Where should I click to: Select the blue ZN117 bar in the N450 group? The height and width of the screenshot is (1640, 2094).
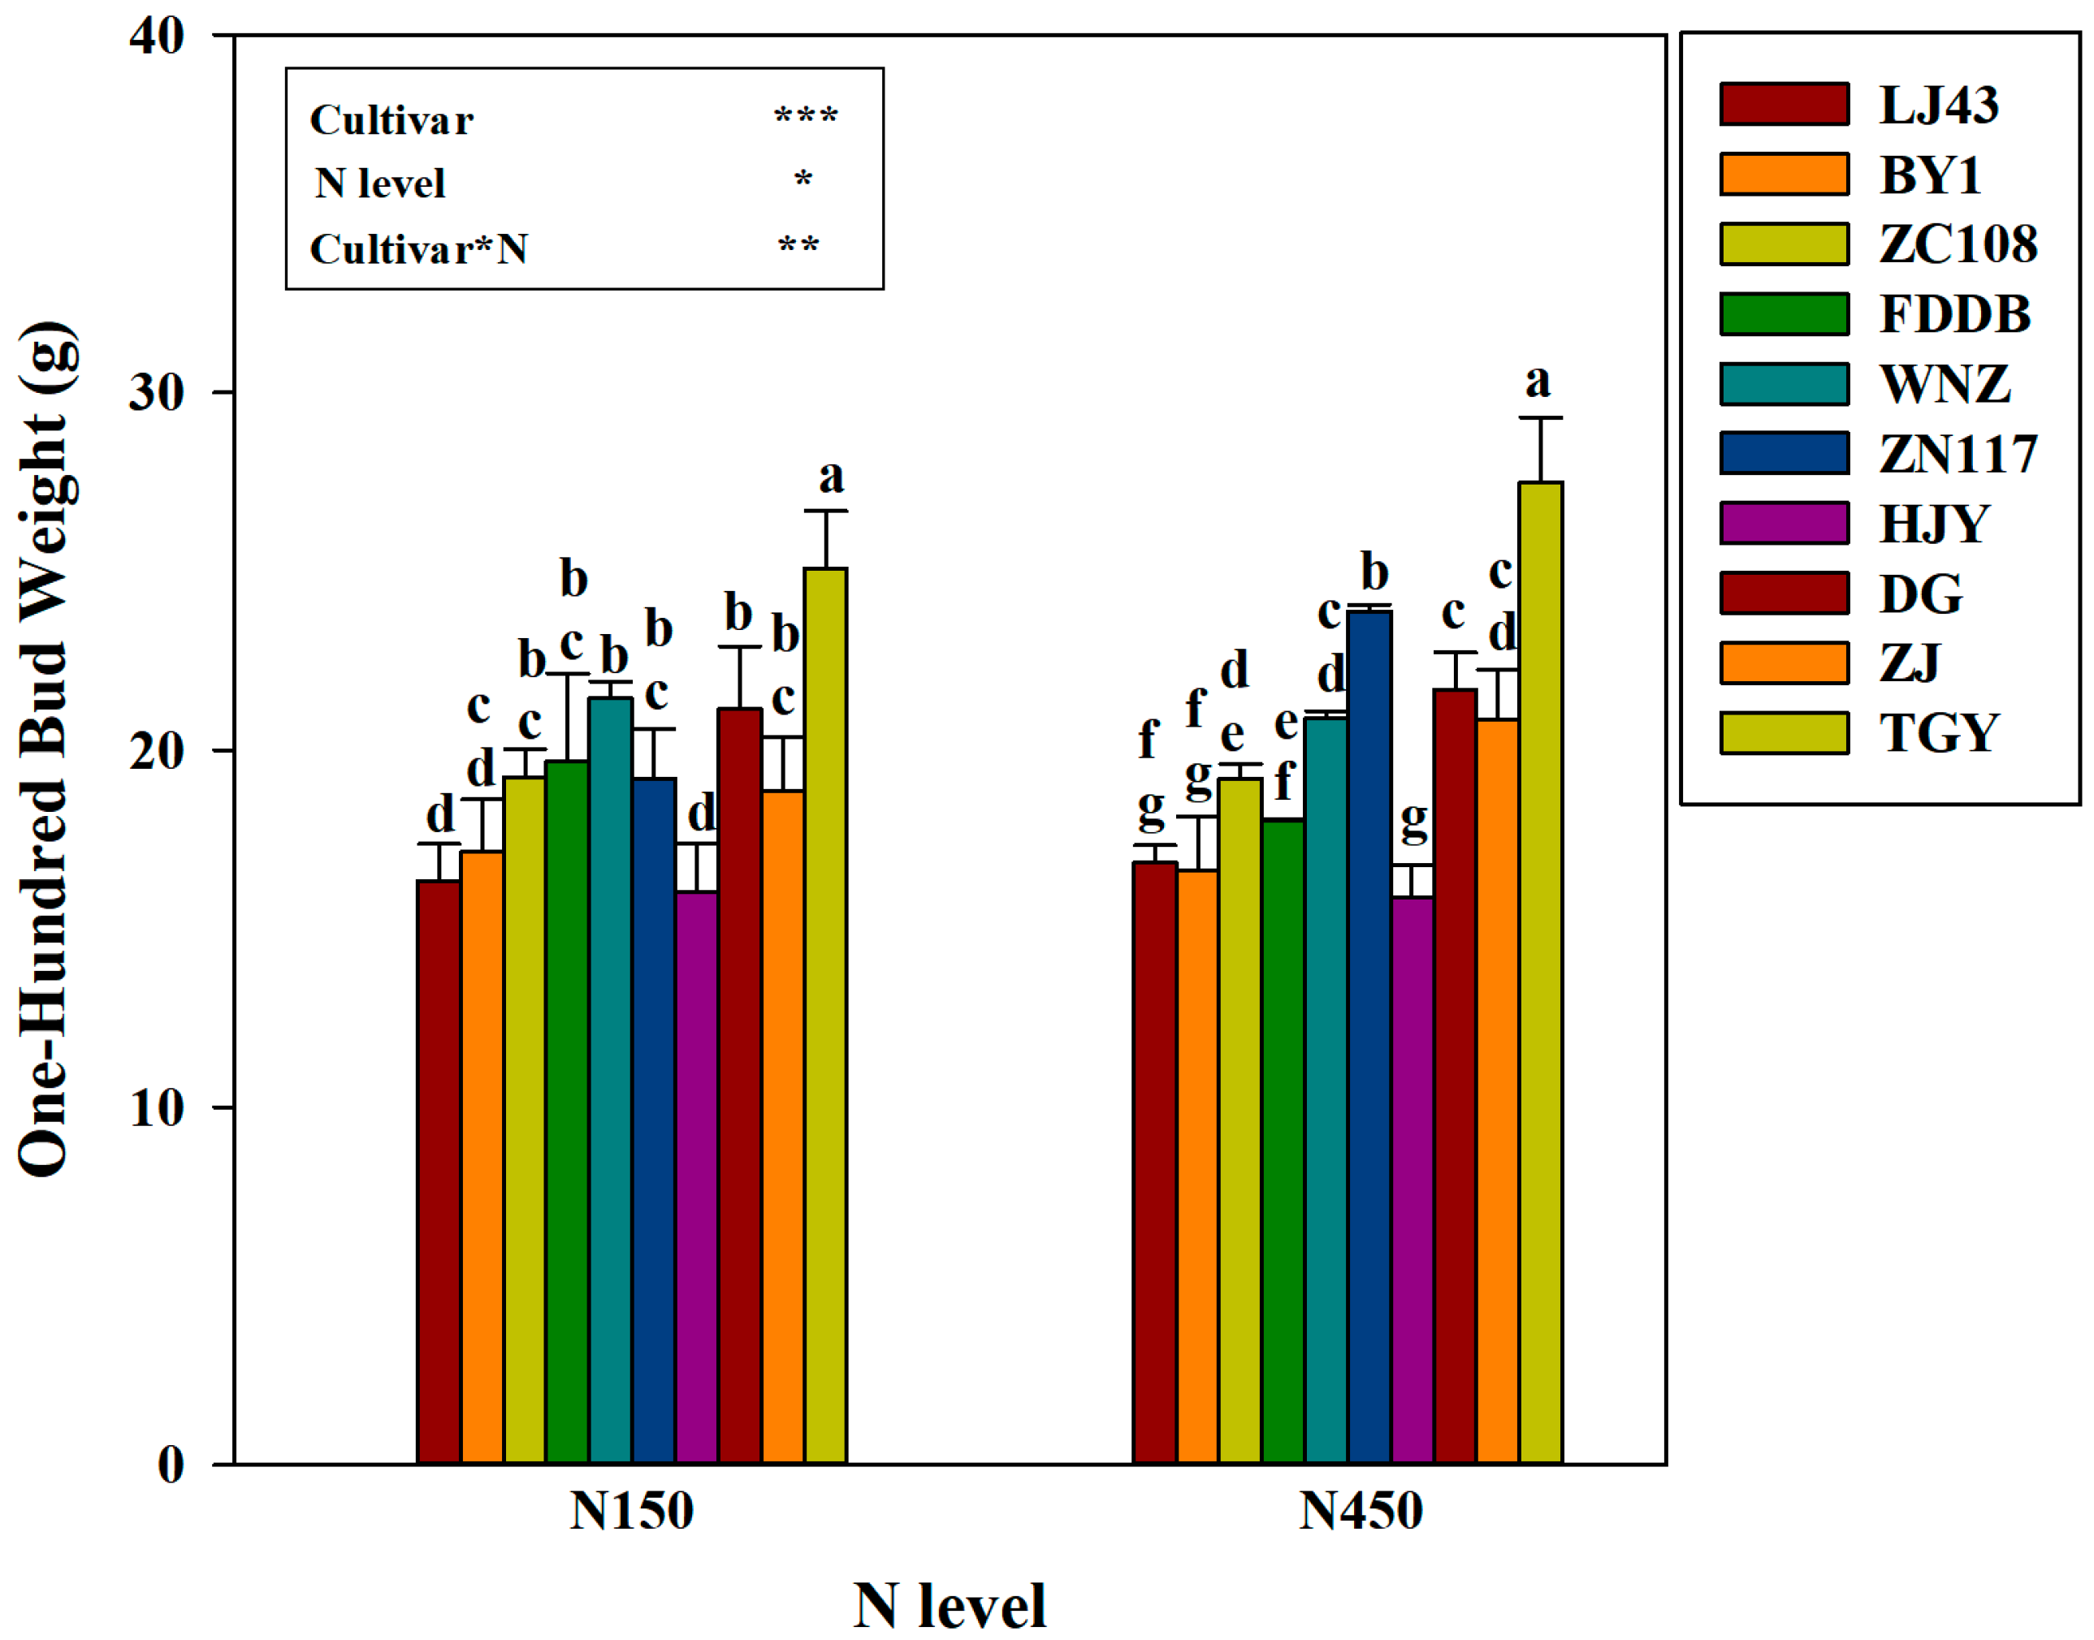click(x=1369, y=1037)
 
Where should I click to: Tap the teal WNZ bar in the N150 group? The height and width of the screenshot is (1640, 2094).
click(x=610, y=1081)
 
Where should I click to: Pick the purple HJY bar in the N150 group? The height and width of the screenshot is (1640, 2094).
click(x=696, y=1177)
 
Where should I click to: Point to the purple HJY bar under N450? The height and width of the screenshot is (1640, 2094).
click(x=1412, y=1180)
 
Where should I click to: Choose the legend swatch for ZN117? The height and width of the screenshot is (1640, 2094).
click(x=1784, y=453)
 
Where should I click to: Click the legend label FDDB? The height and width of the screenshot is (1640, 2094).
click(x=1955, y=314)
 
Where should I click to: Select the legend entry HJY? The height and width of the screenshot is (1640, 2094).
click(x=1932, y=524)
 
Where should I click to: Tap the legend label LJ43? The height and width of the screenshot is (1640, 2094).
click(x=1938, y=105)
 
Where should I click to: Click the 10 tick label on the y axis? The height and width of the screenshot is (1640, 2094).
click(x=157, y=1108)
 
